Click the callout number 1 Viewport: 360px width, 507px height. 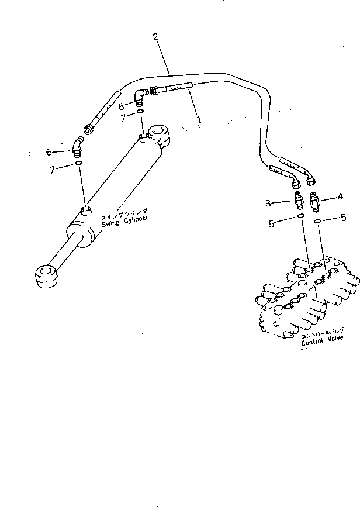(199, 120)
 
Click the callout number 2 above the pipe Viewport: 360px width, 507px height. (155, 37)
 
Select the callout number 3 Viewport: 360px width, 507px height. (268, 203)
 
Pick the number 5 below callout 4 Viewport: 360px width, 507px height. (342, 219)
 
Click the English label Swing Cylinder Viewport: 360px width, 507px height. (124, 220)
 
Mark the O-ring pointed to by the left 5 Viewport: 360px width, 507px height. (300, 216)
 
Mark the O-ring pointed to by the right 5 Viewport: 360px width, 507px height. (318, 220)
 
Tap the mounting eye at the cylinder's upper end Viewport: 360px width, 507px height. (160, 137)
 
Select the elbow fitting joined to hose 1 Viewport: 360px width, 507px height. (140, 94)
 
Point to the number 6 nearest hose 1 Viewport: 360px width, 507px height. (122, 106)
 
